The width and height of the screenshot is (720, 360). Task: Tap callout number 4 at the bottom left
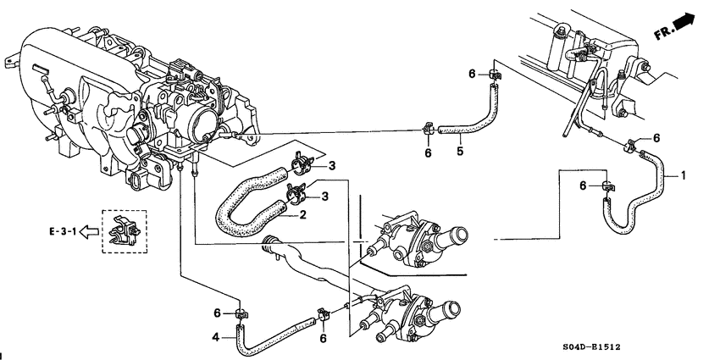tap(215, 338)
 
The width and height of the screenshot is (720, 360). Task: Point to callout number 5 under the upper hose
tap(459, 152)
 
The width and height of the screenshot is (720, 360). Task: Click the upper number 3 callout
tap(333, 164)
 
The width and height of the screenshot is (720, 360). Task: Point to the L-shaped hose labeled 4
tap(271, 335)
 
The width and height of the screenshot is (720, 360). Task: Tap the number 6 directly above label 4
tap(217, 313)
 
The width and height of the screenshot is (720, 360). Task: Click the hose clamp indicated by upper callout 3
tap(301, 161)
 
